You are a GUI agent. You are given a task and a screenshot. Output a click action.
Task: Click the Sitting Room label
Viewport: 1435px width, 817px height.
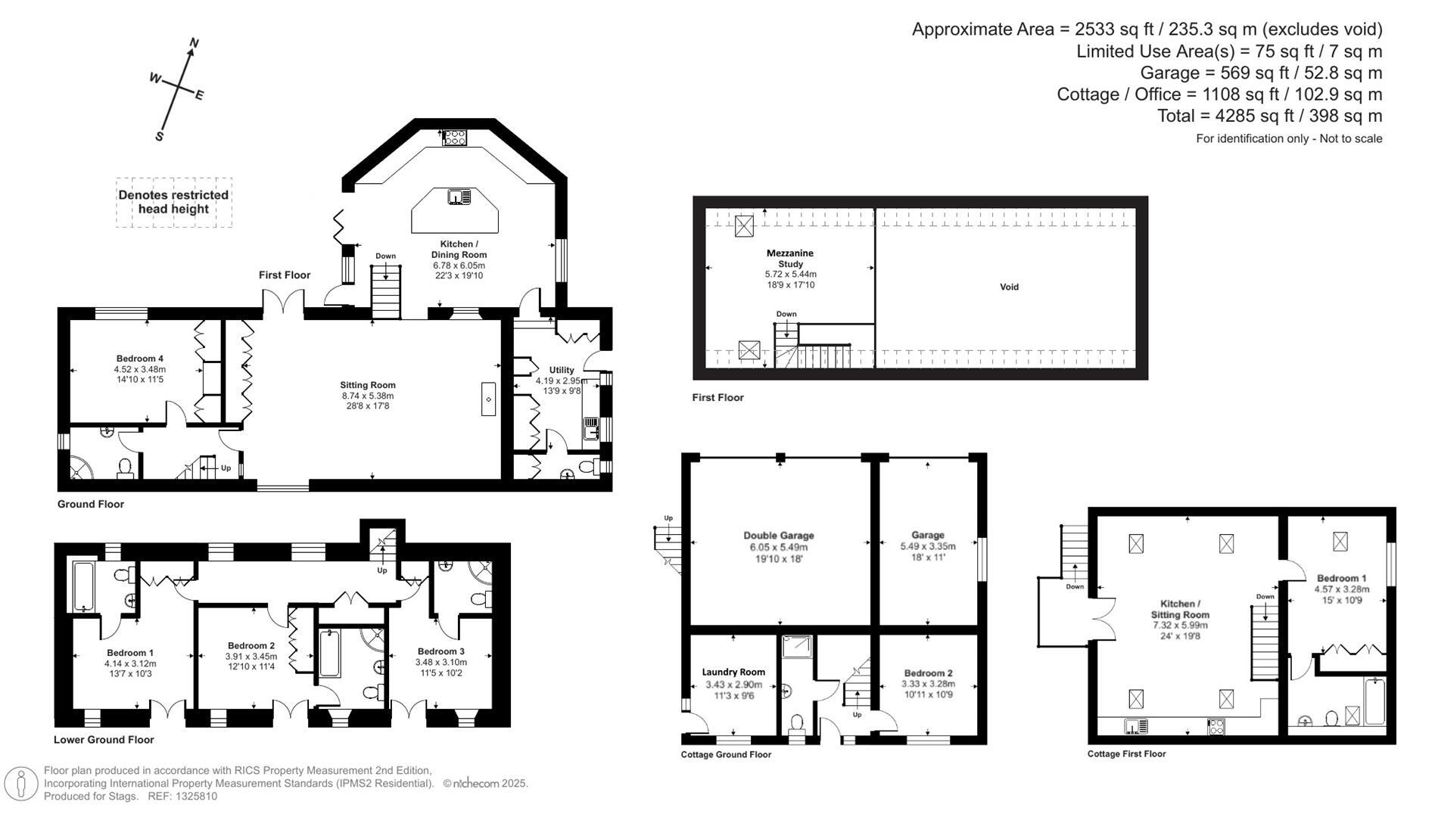click(368, 385)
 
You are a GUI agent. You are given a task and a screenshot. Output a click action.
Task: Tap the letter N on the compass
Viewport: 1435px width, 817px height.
click(194, 44)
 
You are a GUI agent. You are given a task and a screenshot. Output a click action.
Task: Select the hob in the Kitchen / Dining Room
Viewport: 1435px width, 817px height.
click(454, 137)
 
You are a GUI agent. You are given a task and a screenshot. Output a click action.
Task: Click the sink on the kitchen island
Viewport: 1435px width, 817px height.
click(459, 197)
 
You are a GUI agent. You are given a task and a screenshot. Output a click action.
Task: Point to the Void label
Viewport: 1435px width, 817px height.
click(1009, 287)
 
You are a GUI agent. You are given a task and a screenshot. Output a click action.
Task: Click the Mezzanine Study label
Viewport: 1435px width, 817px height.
click(789, 259)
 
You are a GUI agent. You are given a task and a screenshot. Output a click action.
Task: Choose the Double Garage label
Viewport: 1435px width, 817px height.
click(778, 536)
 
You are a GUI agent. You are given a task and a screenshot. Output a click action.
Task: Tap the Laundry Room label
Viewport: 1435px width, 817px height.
click(733, 672)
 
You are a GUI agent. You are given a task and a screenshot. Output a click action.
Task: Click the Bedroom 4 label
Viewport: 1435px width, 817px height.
click(140, 359)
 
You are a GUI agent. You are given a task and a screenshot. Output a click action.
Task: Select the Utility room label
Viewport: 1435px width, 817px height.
click(562, 370)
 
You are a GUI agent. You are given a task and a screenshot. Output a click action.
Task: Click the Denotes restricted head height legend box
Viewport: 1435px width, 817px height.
click(173, 202)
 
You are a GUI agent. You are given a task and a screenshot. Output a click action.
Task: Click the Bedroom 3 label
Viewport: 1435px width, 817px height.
click(440, 651)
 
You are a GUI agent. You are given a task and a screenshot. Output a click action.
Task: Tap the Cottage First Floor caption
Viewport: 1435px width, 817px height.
click(1126, 753)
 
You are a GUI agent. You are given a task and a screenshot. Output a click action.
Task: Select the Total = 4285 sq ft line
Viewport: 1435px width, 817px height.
click(1269, 116)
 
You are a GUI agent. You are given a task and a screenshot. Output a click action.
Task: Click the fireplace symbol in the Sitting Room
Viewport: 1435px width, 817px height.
click(488, 399)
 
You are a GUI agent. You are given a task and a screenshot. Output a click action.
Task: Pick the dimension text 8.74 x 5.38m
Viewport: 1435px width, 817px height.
click(368, 396)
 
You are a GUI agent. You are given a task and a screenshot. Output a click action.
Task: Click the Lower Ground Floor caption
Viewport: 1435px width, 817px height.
click(104, 740)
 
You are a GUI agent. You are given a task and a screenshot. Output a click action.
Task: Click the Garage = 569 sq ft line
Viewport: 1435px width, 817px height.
click(1261, 73)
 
